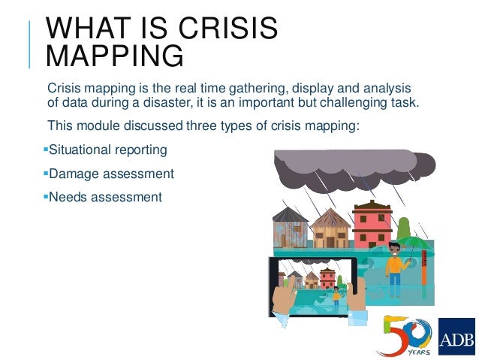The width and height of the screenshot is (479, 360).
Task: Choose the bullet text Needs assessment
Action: point(104,198)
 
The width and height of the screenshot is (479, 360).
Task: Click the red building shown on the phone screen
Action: point(328,279)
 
